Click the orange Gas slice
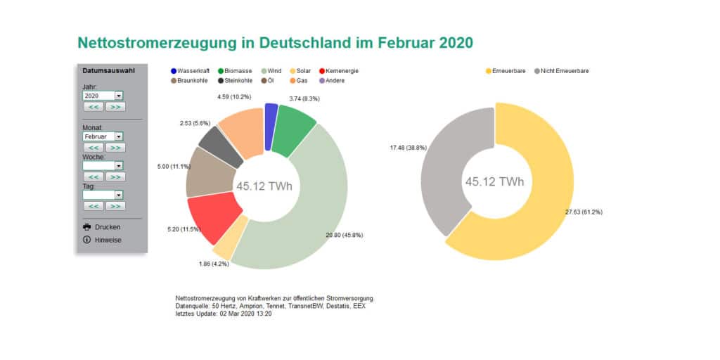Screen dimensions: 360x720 (241, 130)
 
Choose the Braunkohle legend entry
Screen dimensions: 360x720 (190, 81)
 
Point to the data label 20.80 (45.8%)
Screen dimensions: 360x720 (345, 235)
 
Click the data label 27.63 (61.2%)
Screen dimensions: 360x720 (583, 212)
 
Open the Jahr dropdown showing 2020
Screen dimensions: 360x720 (103, 95)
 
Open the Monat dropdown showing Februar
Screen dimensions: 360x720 (103, 136)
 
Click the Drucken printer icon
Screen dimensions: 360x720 (87, 227)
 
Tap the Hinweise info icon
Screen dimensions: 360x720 (87, 240)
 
